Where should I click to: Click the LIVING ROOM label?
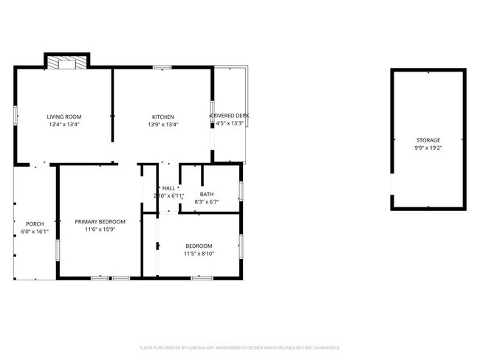[x=64, y=117]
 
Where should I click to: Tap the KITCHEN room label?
[x=163, y=117]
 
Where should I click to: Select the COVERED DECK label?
[x=230, y=116]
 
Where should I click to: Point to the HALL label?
[x=169, y=188]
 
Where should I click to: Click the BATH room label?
[x=207, y=194]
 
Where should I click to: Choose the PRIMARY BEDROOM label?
[x=100, y=221]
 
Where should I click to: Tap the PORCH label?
[x=35, y=224]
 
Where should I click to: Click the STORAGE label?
[x=428, y=139]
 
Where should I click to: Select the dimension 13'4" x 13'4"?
[x=64, y=125]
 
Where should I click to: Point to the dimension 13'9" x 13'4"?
[x=163, y=125]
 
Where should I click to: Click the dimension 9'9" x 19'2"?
[x=428, y=148]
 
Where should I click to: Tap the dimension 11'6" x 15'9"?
[x=100, y=229]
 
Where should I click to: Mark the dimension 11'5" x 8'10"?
[x=199, y=254]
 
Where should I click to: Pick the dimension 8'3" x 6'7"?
[x=207, y=202]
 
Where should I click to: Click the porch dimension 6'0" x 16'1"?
[x=35, y=232]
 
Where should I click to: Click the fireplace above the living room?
[x=66, y=63]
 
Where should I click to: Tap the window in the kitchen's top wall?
[x=162, y=68]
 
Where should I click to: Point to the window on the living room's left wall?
[x=15, y=115]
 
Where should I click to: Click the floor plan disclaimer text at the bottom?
[x=239, y=347]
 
